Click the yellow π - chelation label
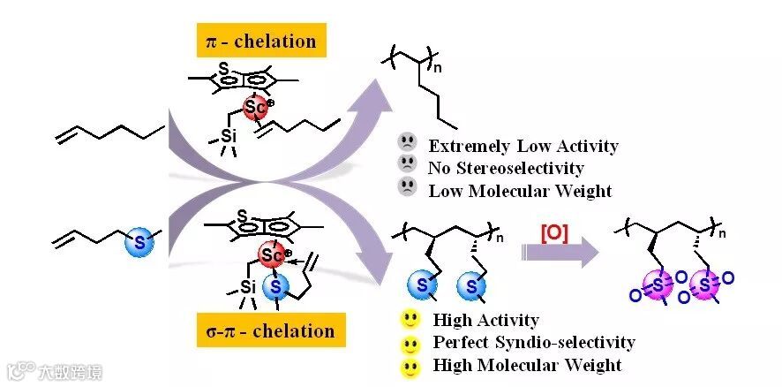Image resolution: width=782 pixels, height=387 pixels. (x=261, y=41)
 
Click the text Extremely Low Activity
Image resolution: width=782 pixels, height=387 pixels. (x=523, y=146)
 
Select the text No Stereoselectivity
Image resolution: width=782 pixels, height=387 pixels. (x=506, y=167)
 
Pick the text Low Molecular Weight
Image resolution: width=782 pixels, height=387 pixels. (x=520, y=189)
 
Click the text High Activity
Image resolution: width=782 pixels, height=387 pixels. (x=485, y=320)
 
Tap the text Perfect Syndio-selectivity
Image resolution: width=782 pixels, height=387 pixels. (x=533, y=342)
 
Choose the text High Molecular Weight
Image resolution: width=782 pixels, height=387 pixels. (x=527, y=364)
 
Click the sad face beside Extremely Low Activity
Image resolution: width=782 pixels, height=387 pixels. (x=407, y=143)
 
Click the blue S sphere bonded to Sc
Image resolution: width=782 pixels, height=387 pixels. (x=276, y=287)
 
